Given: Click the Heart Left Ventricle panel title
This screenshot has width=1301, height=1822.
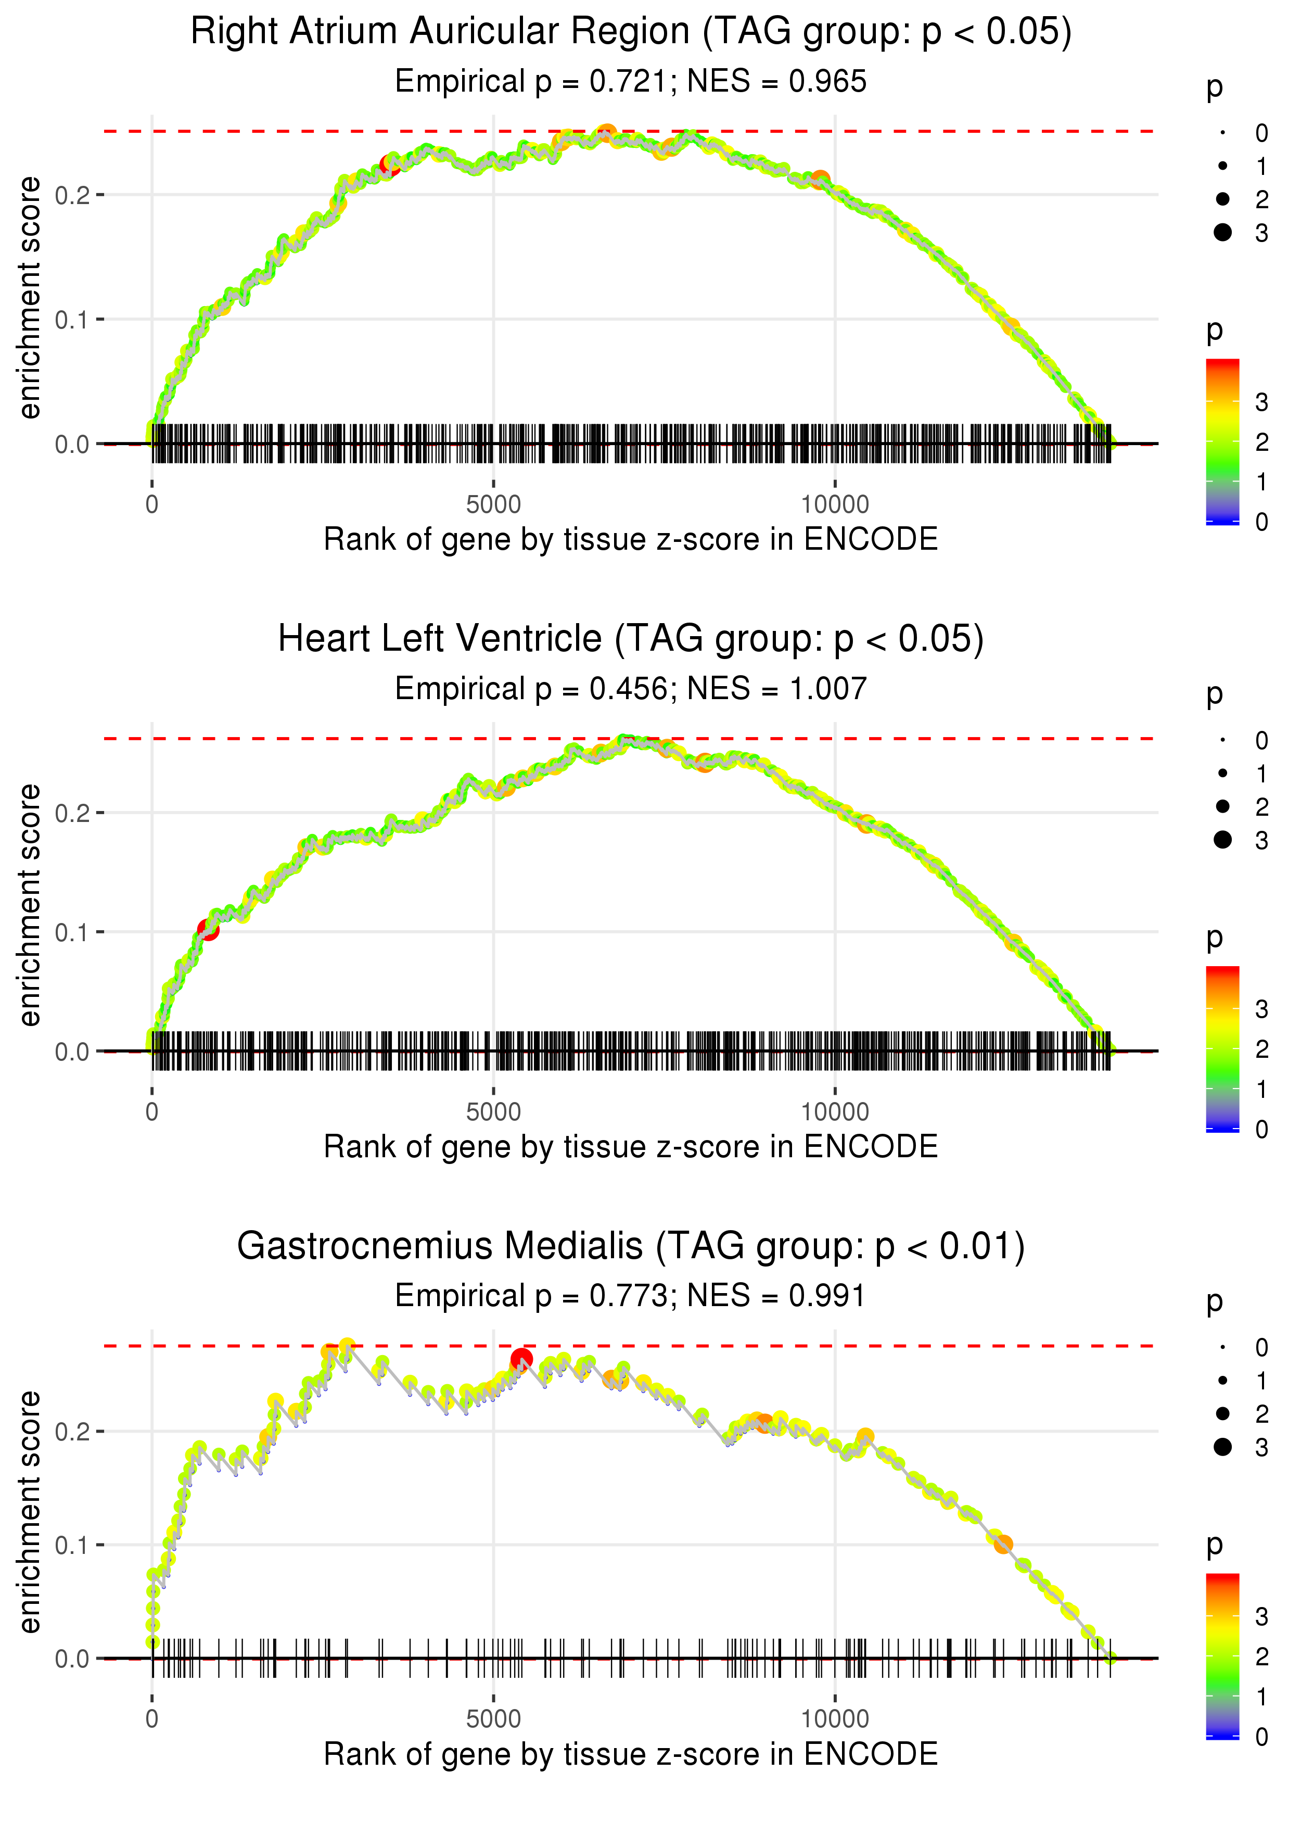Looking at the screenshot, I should pyautogui.click(x=631, y=639).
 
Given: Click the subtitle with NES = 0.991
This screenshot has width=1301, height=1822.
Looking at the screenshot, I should pyautogui.click(x=631, y=1296).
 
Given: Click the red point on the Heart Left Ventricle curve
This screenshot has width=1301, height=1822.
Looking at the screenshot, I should pyautogui.click(x=208, y=929).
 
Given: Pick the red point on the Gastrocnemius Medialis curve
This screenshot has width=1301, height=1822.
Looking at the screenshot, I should pyautogui.click(x=521, y=1359).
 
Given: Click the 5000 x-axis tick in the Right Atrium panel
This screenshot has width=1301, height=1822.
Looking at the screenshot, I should pyautogui.click(x=493, y=505).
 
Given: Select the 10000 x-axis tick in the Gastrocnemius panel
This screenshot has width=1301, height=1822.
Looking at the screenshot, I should pyautogui.click(x=835, y=1719).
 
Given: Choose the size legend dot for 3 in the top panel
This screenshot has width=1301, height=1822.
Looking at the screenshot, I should pyautogui.click(x=1222, y=232).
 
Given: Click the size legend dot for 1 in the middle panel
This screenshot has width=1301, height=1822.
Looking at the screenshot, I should pyautogui.click(x=1222, y=773).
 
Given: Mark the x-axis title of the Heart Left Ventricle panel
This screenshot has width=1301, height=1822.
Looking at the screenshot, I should pyautogui.click(x=631, y=1147).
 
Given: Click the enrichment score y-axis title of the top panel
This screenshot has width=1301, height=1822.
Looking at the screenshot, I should pyautogui.click(x=30, y=298).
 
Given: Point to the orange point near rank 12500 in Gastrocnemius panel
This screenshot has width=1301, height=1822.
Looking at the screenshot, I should pyautogui.click(x=1003, y=1544).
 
